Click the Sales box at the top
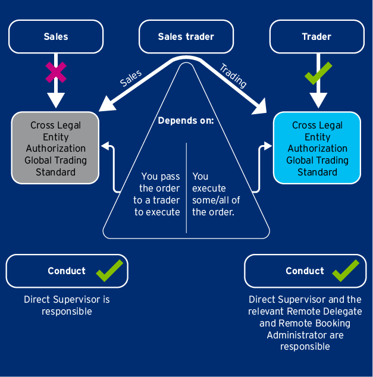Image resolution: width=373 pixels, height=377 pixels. click(x=56, y=37)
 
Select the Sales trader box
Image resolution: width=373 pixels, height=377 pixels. click(x=186, y=37)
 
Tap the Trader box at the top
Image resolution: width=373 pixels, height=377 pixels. click(x=316, y=37)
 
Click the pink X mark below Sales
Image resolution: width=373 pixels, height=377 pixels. click(x=55, y=72)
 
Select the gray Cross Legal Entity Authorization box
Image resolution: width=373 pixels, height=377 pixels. click(x=55, y=148)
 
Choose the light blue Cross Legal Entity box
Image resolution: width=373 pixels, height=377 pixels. click(x=317, y=148)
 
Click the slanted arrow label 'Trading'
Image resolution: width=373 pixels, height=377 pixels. click(x=233, y=75)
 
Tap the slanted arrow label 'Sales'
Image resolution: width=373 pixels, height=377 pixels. click(x=131, y=78)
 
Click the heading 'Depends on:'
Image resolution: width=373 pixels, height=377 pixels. click(x=186, y=121)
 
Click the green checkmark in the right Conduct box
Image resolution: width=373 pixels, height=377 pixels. click(x=346, y=271)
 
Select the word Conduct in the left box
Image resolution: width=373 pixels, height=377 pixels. click(x=67, y=271)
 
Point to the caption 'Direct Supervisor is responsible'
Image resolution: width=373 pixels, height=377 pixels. click(x=67, y=306)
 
